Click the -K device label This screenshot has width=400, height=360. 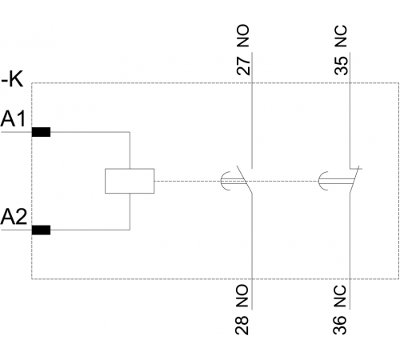(x=12, y=79)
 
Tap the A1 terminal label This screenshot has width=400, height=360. (x=13, y=119)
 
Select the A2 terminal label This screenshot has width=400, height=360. (x=14, y=217)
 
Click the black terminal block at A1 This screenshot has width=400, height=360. (x=41, y=132)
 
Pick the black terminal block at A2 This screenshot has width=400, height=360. (x=41, y=230)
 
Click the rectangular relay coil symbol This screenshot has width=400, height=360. (x=130, y=181)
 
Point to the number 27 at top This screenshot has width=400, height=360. (x=243, y=66)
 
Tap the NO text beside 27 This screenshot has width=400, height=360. (x=243, y=36)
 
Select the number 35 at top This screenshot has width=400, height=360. (x=342, y=66)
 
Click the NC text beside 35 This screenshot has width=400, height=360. (x=342, y=36)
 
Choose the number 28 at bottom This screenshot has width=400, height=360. (x=242, y=326)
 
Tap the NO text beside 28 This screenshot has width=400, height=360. (x=242, y=295)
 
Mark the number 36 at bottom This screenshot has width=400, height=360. (x=340, y=326)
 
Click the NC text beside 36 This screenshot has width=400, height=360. (x=340, y=295)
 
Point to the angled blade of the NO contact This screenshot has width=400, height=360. (x=244, y=179)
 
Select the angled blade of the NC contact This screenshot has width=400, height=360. (x=354, y=179)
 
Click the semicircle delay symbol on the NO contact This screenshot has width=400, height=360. (x=222, y=181)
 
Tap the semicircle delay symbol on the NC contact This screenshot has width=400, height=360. (x=320, y=181)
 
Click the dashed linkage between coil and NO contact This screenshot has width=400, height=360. (x=188, y=181)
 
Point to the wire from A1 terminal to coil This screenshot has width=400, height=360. (x=130, y=132)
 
